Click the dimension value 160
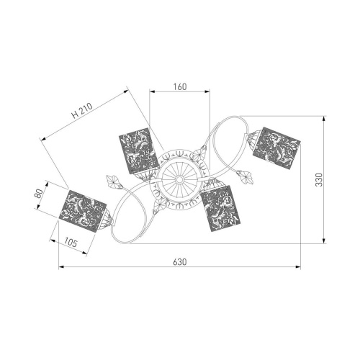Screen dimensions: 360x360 coord(180,86)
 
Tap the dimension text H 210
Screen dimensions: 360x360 coord(82,111)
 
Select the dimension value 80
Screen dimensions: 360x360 coord(39,194)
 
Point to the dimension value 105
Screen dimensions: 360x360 coord(71,243)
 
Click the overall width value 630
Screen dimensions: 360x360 coord(180,262)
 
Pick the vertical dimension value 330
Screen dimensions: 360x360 coord(319,179)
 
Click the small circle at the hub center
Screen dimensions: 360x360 coord(179,179)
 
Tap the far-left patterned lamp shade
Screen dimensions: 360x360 coord(83,211)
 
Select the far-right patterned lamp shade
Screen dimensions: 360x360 coord(276,149)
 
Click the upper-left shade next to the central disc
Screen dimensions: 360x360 coord(140,151)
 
